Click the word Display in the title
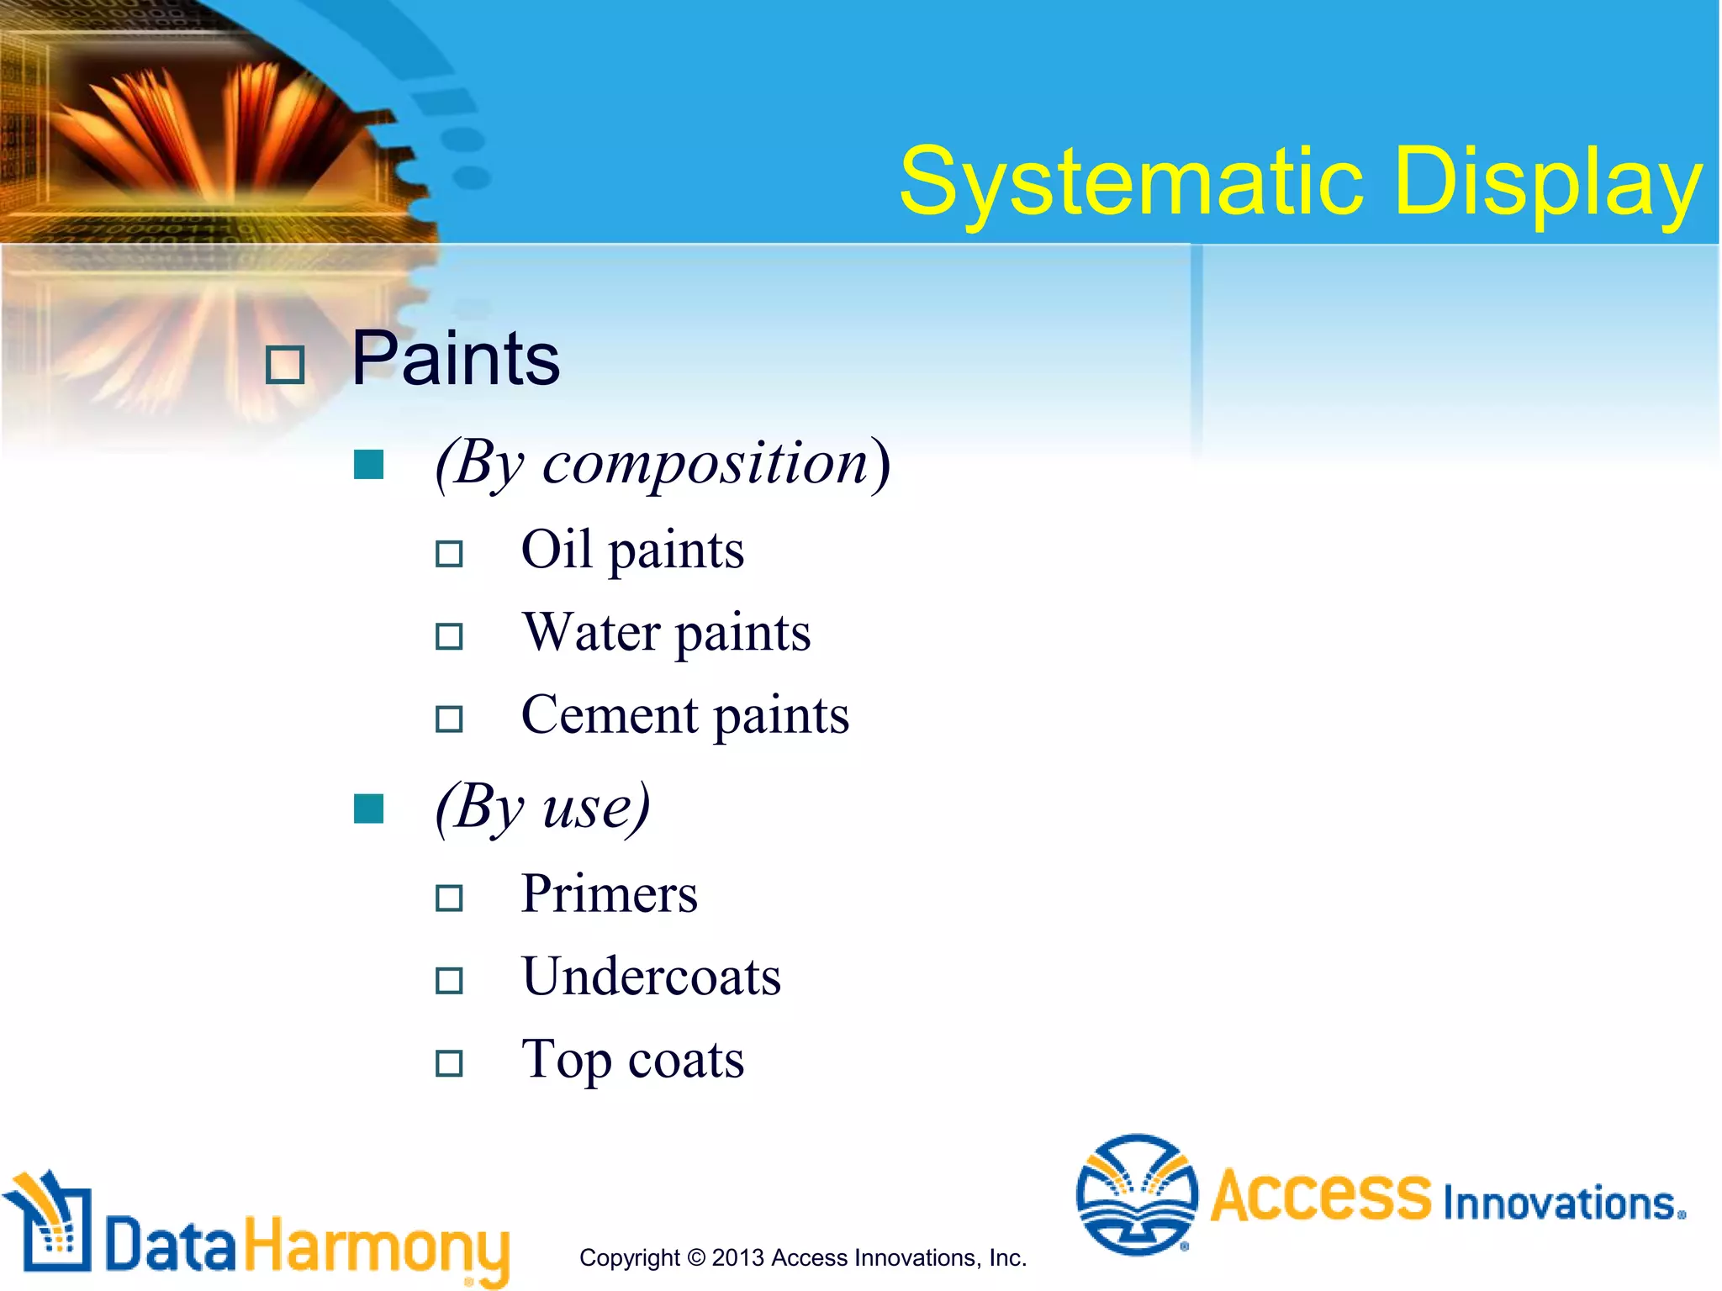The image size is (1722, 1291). (1547, 182)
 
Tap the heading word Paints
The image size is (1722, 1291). (455, 359)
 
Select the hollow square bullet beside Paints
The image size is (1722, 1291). (285, 366)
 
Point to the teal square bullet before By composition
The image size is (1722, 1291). (369, 464)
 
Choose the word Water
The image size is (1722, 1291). (591, 632)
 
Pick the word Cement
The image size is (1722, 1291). (610, 715)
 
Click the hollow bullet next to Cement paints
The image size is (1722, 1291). (449, 719)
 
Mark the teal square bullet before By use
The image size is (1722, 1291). (369, 809)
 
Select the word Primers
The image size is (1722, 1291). (609, 893)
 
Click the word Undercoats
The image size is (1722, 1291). (651, 977)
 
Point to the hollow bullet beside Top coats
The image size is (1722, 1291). (449, 1063)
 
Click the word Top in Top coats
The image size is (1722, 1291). (565, 1059)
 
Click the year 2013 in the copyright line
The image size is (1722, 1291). (737, 1258)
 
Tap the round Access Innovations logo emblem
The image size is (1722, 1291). (1136, 1194)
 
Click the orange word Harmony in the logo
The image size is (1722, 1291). (377, 1246)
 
